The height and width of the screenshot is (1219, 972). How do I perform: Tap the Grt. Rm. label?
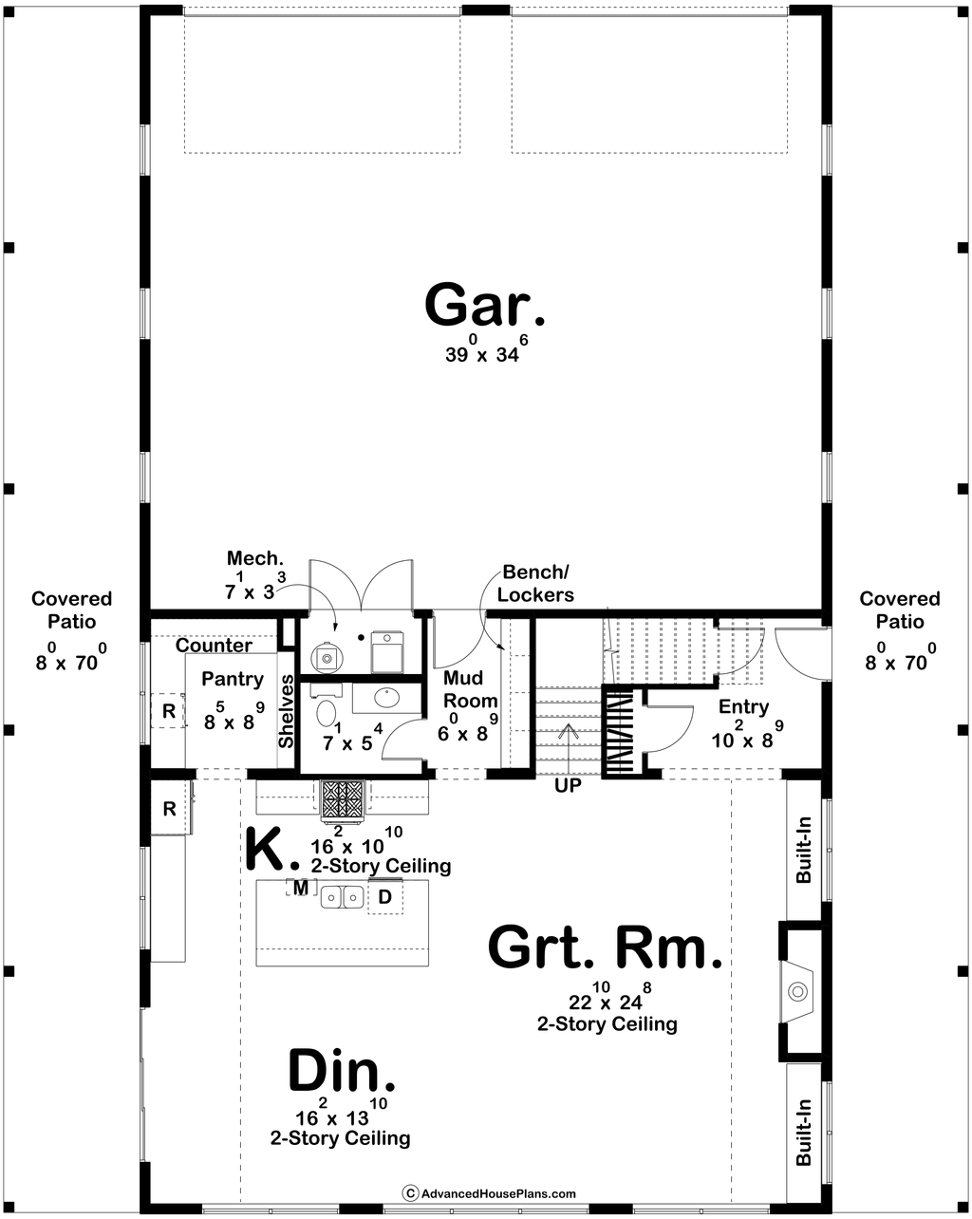605,947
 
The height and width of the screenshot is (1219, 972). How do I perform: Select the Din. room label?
342,1069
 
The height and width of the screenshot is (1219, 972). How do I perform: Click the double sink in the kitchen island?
342,897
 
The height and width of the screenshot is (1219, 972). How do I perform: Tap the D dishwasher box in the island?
385,897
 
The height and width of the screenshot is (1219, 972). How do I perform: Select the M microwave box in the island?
301,888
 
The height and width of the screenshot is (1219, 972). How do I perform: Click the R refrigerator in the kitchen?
170,808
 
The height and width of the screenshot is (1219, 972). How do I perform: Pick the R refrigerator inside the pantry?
168,710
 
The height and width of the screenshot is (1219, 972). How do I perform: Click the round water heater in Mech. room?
327,657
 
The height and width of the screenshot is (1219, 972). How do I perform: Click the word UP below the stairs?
568,786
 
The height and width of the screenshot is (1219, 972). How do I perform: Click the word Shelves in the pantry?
287,711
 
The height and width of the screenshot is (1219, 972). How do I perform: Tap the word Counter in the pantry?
214,646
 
